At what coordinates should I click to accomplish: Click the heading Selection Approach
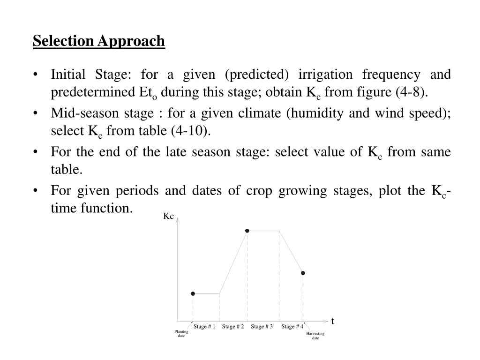click(x=99, y=41)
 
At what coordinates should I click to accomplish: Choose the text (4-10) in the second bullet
click(x=191, y=131)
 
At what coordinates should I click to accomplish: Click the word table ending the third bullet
click(x=67, y=170)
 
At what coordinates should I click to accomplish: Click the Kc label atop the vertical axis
click(x=169, y=217)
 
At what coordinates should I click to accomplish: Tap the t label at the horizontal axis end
click(x=332, y=321)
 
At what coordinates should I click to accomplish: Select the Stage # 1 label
click(x=204, y=327)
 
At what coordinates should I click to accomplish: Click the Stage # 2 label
click(x=233, y=327)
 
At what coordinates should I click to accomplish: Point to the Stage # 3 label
click(x=262, y=327)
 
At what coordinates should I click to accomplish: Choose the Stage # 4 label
click(x=292, y=327)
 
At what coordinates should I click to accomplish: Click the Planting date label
click(x=181, y=334)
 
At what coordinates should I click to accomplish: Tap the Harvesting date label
click(x=315, y=336)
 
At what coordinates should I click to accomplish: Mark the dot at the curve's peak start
click(x=247, y=231)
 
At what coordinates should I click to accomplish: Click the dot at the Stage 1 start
click(x=193, y=293)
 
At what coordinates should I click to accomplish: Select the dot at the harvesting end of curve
click(x=303, y=273)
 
